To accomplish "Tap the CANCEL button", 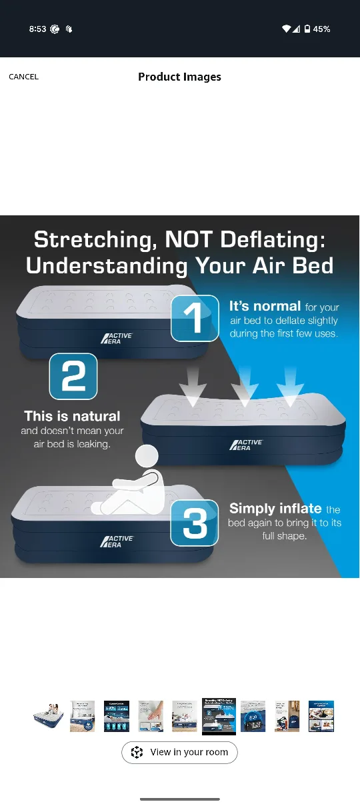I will click(23, 77).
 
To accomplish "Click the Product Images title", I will click(179, 77).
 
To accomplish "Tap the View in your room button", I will click(179, 752).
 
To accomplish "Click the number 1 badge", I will click(195, 318).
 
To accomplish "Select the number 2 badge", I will click(73, 377).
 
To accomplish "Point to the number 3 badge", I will click(195, 523).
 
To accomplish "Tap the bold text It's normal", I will click(265, 306).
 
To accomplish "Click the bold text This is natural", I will click(72, 417).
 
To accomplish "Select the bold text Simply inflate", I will click(275, 509).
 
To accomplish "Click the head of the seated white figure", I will click(147, 457).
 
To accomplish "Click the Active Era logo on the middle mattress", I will click(246, 445).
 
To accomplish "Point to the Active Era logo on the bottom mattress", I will click(117, 541).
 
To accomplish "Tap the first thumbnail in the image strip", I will click(48, 716).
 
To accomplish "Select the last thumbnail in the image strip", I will click(321, 716).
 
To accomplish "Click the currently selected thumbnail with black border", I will click(219, 716).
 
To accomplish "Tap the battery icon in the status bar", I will click(307, 29).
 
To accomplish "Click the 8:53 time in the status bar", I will click(38, 29).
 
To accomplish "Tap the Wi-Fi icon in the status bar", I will click(287, 29).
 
